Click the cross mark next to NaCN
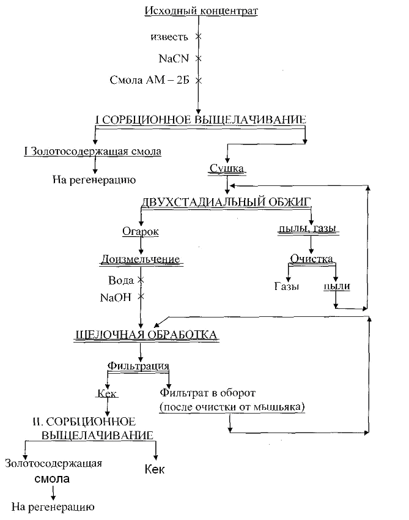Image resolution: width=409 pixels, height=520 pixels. (x=198, y=59)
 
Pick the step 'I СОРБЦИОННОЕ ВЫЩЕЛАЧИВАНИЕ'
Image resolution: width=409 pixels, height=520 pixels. (x=201, y=119)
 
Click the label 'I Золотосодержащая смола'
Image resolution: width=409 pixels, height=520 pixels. (x=92, y=151)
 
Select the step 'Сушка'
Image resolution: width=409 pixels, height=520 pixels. (x=227, y=168)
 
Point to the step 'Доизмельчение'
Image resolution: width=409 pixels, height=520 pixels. (x=141, y=259)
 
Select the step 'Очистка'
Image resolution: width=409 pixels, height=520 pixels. (x=311, y=258)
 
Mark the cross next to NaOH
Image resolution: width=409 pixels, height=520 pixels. (x=141, y=297)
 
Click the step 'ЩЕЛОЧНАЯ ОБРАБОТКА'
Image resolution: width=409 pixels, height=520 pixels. (x=145, y=334)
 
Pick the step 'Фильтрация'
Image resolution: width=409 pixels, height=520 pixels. (x=139, y=365)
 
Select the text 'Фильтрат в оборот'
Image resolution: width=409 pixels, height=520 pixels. (x=207, y=392)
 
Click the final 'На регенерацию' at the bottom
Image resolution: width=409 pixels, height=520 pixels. (x=53, y=507)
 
